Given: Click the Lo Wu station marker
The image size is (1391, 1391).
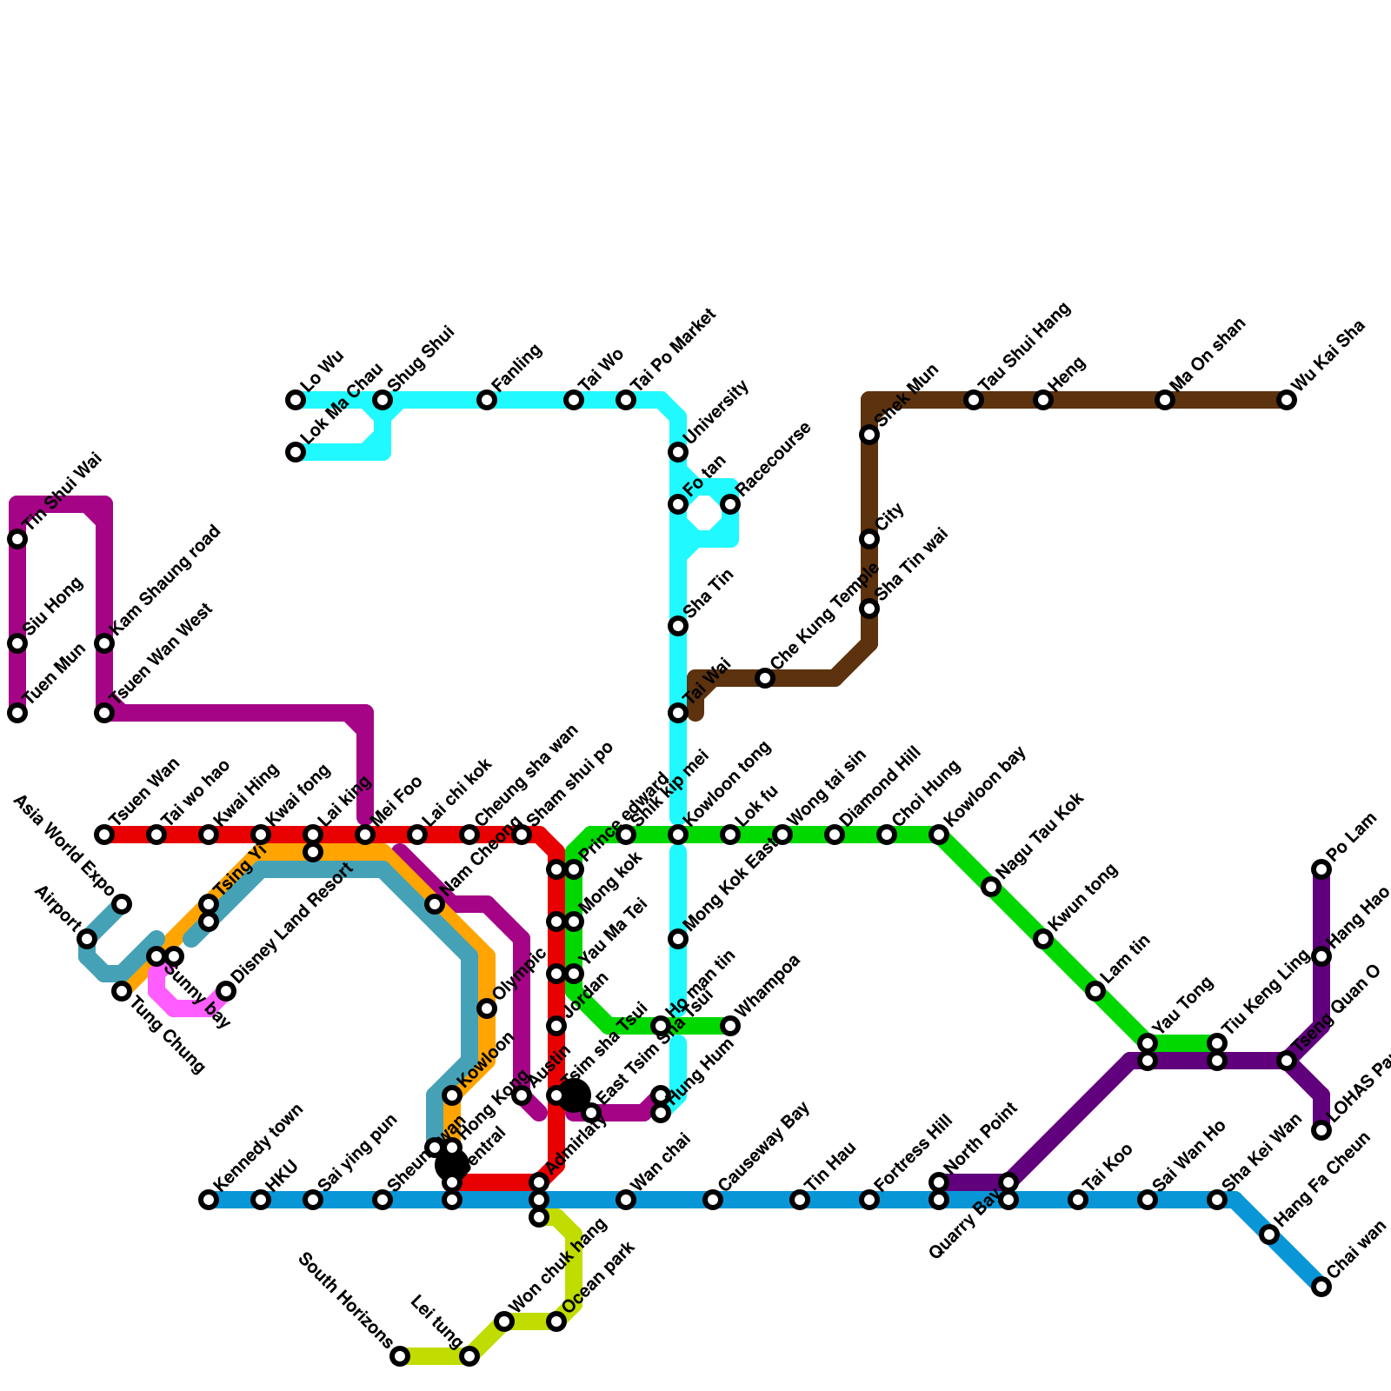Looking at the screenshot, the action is [296, 400].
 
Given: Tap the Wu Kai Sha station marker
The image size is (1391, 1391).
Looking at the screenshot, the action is [1287, 400].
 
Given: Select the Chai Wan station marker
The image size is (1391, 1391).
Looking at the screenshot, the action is [1321, 1287].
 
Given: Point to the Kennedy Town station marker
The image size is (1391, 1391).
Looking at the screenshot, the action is [209, 1200].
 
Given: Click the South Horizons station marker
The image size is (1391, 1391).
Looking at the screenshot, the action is [400, 1356].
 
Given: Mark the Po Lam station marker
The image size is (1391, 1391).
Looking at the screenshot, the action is [1321, 869].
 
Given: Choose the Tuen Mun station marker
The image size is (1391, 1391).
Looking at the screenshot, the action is [17, 713].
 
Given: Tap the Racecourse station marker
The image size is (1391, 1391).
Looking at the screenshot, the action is [730, 504].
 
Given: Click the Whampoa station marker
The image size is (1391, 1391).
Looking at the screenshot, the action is [730, 1026].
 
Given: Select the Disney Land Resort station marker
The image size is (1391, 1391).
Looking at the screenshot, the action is [226, 991].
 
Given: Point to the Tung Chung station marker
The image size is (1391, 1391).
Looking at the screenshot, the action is [122, 991].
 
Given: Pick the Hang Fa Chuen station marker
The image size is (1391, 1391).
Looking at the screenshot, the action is [1269, 1235].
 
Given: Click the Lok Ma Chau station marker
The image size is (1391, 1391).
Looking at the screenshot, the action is [296, 452].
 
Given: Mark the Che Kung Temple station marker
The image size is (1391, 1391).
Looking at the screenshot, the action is [765, 678].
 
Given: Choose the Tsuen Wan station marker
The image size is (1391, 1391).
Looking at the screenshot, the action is [104, 835].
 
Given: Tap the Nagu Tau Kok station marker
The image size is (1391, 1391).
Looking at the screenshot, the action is [991, 887].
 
